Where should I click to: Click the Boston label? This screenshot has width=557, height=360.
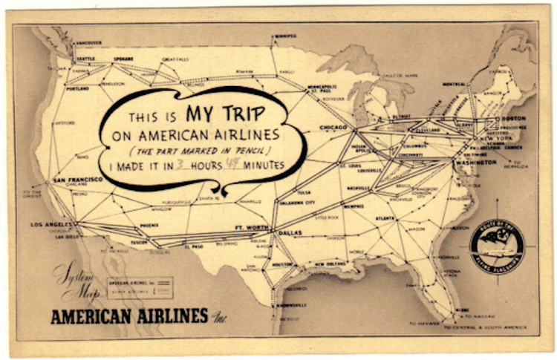point(512,119)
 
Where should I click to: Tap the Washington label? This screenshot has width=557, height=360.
point(477,162)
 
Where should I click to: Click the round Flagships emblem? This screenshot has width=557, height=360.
point(497,249)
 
